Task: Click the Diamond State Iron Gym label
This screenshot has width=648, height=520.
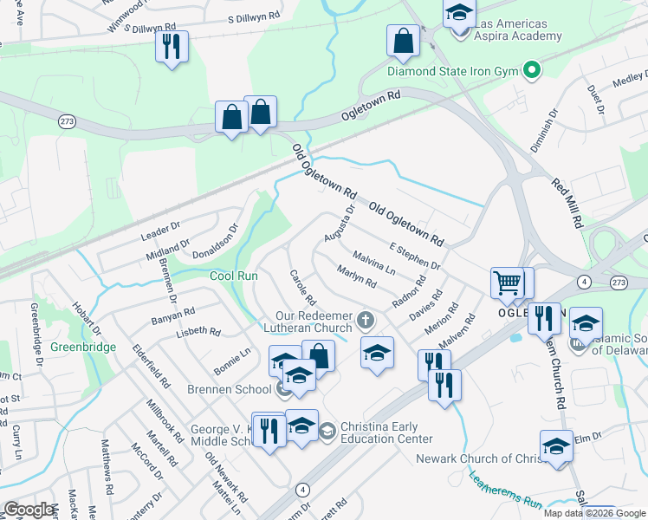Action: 453,70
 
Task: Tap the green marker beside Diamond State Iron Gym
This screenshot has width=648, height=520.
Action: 533,70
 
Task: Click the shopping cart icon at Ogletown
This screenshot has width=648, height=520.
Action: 507,283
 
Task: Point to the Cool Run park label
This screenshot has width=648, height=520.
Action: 234,276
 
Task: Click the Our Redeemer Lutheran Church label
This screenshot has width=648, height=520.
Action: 313,322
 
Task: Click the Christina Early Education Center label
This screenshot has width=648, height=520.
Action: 379,432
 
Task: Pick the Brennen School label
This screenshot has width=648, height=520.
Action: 229,389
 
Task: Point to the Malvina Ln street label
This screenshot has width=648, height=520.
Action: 374,263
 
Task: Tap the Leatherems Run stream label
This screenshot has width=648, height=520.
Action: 505,491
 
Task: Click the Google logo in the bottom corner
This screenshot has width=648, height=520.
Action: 29,510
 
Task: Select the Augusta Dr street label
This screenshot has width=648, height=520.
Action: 340,224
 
